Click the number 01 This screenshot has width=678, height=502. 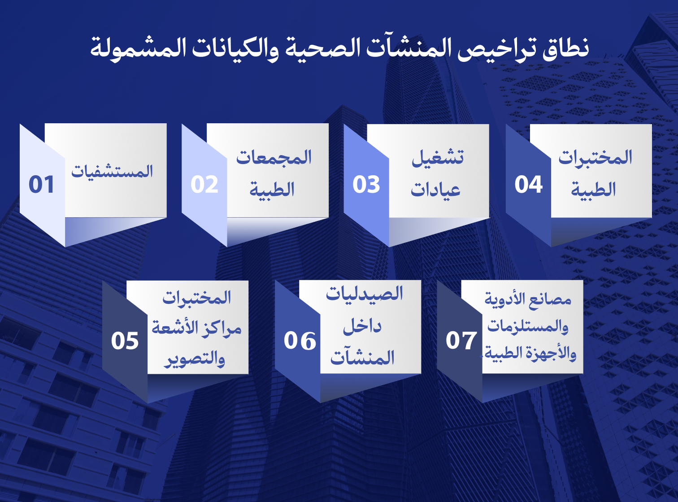click(x=41, y=185)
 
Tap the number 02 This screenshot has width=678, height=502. click(x=204, y=185)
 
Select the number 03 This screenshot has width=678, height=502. click(x=366, y=185)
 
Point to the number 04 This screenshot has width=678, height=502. click(x=528, y=185)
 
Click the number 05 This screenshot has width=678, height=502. click(x=125, y=341)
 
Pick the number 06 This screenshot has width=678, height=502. click(x=300, y=341)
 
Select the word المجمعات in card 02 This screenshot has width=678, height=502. click(x=274, y=158)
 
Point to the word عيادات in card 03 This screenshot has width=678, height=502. click(x=435, y=190)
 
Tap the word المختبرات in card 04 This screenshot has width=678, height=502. click(x=595, y=158)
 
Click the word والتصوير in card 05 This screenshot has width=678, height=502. click(x=195, y=359)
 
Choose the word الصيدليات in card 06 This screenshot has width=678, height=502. click(x=364, y=294)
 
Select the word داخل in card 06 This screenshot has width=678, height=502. click(x=362, y=326)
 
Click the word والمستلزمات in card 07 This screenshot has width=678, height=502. click(x=528, y=326)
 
